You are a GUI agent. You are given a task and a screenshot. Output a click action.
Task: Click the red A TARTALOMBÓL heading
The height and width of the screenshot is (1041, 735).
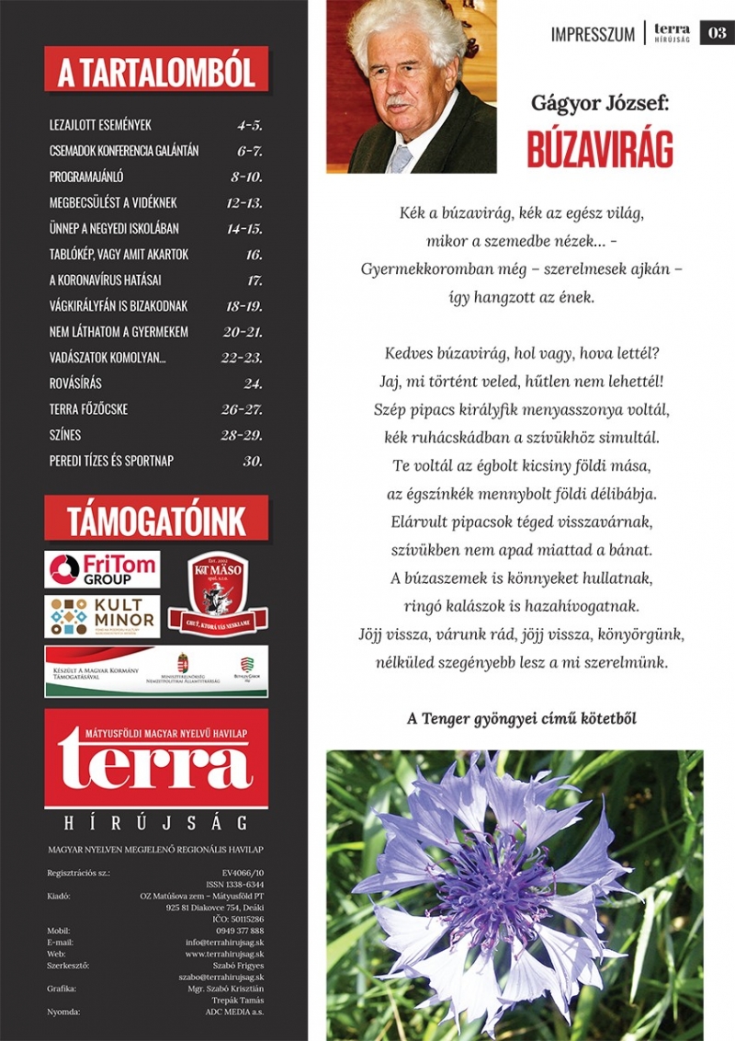(x=156, y=70)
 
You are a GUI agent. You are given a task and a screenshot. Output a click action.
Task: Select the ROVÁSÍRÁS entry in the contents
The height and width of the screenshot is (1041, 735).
(x=75, y=383)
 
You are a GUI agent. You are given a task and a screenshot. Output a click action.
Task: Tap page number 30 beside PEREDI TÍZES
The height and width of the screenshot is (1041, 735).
(x=253, y=461)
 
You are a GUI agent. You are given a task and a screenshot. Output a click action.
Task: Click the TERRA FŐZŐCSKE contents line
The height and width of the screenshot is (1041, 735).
(x=90, y=409)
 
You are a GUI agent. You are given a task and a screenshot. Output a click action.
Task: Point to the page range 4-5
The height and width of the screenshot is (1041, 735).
(x=249, y=125)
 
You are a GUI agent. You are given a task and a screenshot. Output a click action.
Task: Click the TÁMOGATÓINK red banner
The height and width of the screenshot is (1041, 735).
(x=156, y=520)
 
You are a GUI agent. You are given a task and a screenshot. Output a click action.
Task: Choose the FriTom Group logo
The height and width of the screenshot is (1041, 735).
(x=102, y=569)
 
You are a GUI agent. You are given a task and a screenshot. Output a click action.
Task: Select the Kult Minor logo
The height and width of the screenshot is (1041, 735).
(x=102, y=616)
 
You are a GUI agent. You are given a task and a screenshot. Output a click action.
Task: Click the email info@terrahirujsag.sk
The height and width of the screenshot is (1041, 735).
(x=224, y=942)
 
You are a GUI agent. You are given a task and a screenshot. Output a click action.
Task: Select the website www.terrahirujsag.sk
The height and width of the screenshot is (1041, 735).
(x=224, y=954)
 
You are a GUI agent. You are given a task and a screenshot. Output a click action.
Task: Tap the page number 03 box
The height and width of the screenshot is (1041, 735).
(x=717, y=33)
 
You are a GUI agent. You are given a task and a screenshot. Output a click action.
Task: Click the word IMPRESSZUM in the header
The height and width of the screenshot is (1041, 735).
(x=593, y=34)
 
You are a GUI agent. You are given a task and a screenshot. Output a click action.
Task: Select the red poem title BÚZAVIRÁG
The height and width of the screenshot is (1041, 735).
(x=600, y=149)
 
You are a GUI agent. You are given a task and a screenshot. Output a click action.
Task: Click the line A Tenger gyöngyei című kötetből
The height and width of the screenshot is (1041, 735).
(x=522, y=718)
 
